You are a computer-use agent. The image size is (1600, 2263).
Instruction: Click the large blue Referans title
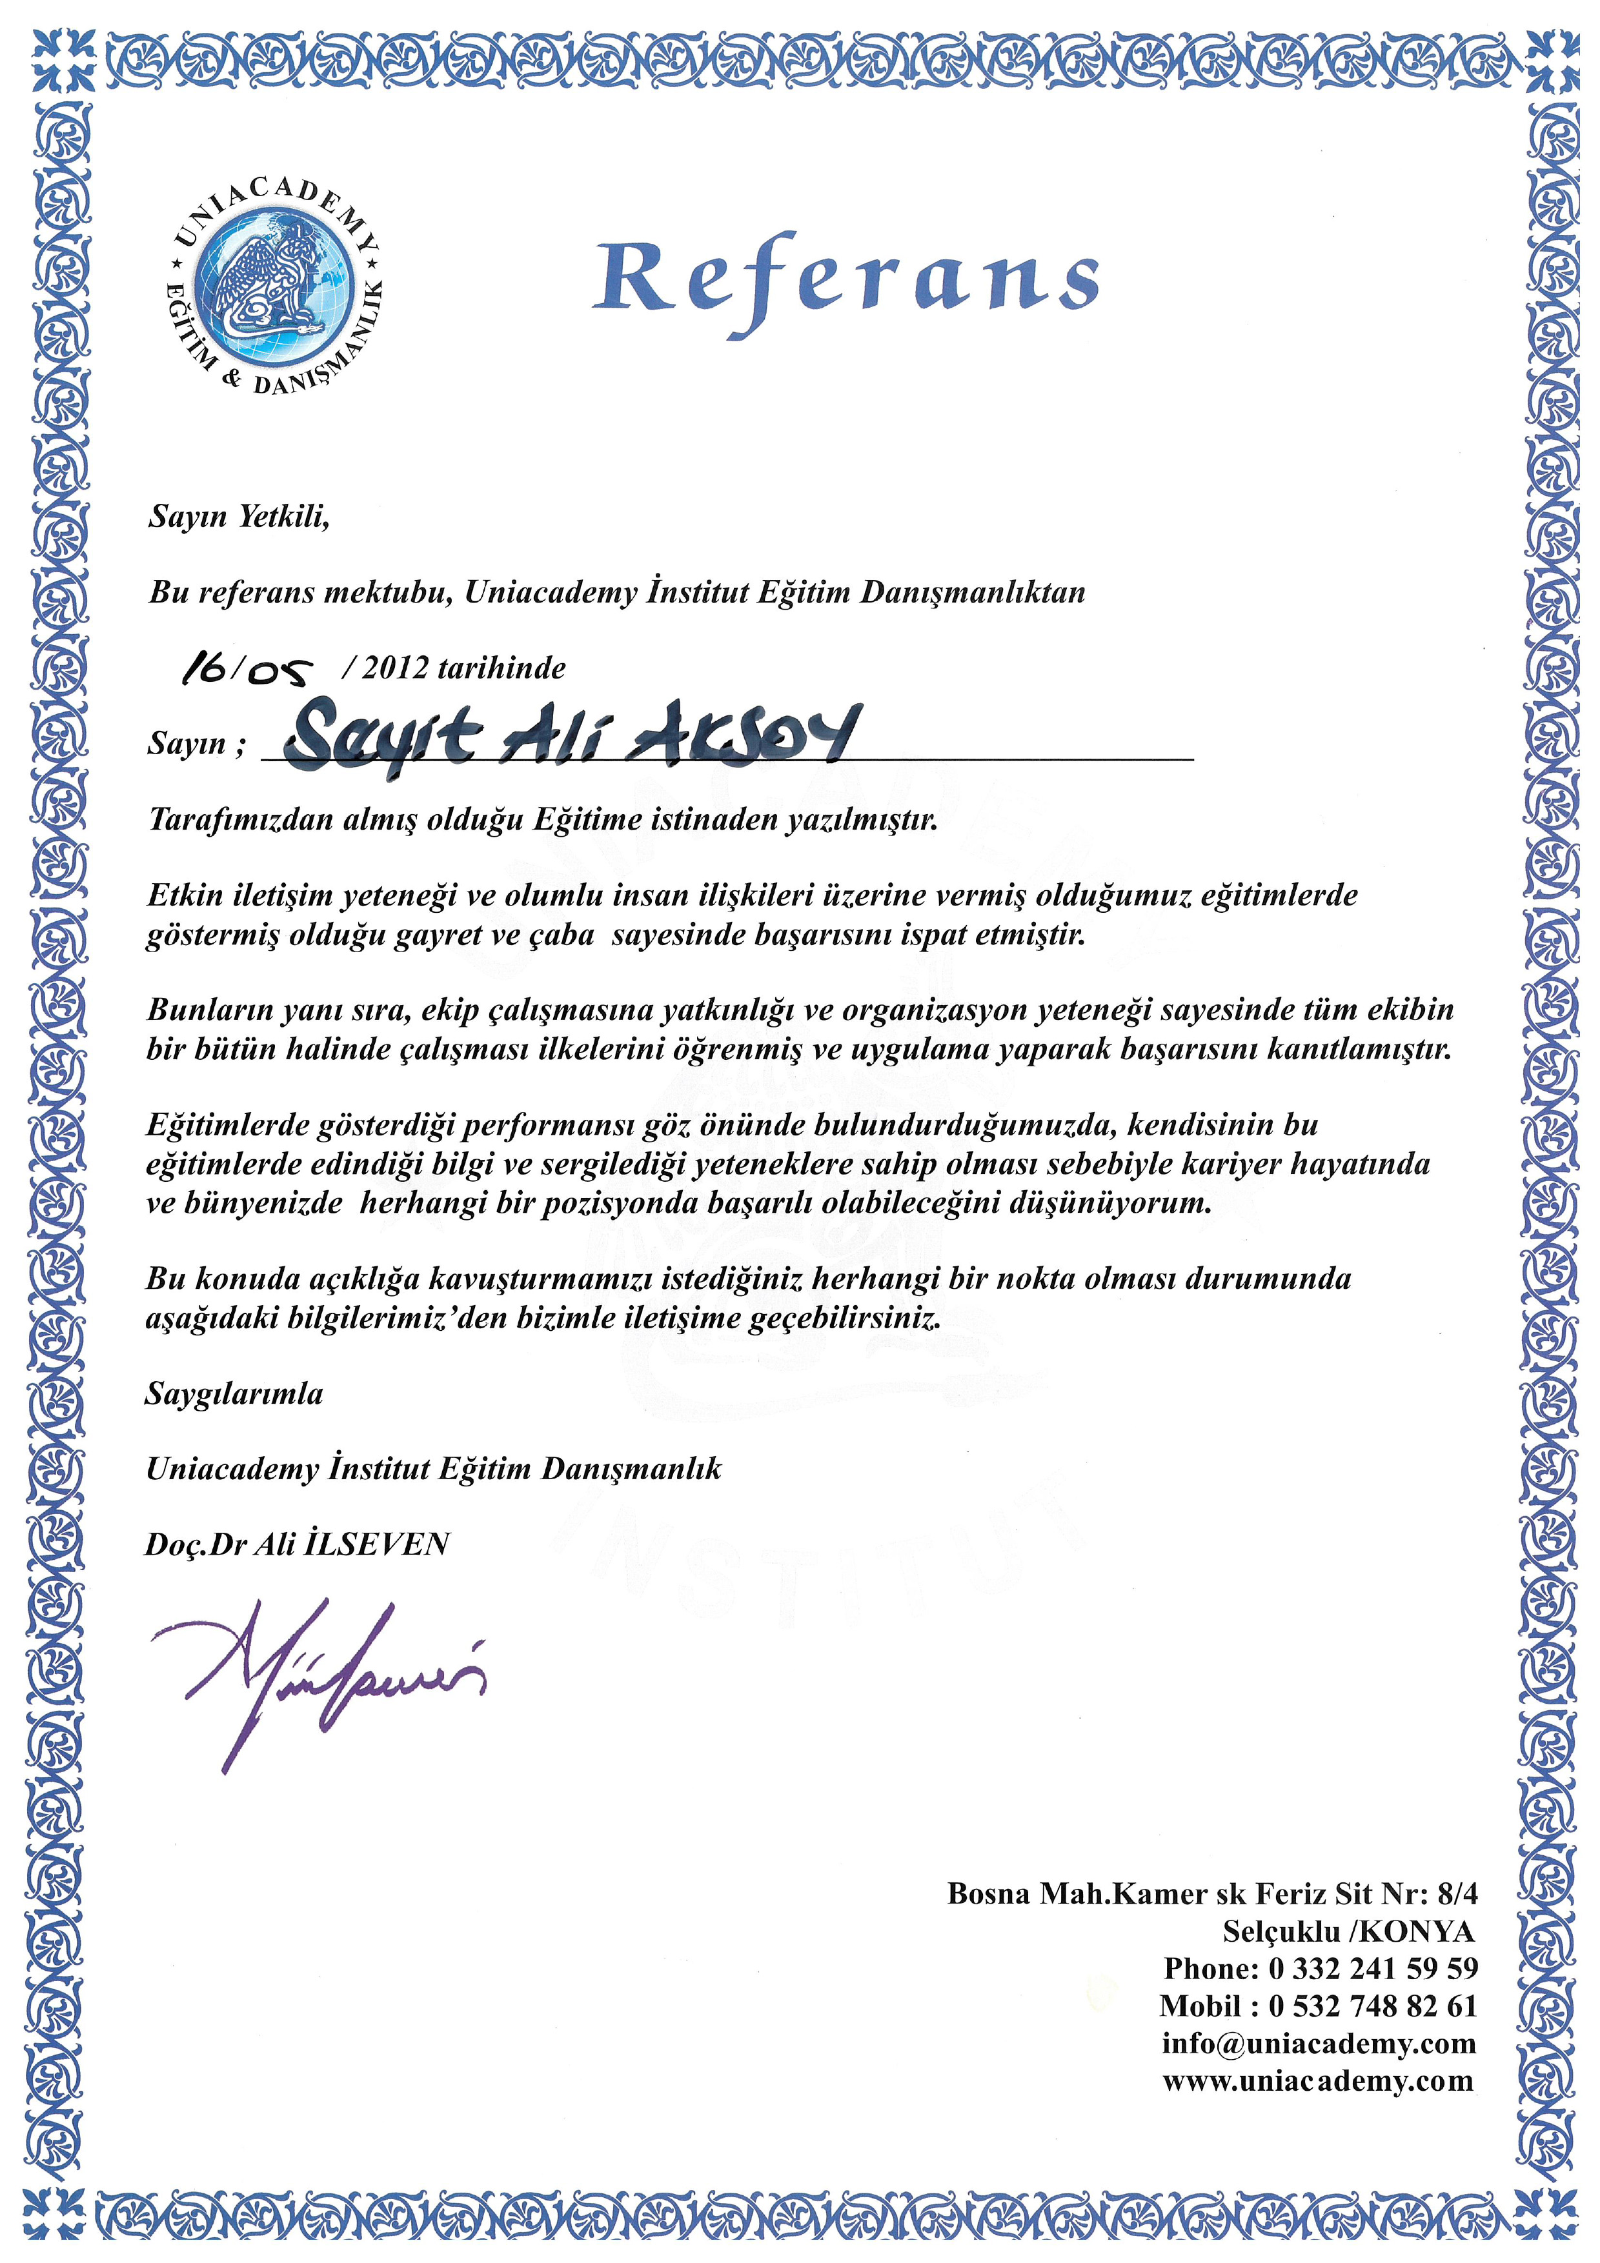pos(846,278)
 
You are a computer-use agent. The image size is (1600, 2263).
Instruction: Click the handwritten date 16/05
pos(247,670)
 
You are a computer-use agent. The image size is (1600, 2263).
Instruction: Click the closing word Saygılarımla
pos(235,1393)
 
